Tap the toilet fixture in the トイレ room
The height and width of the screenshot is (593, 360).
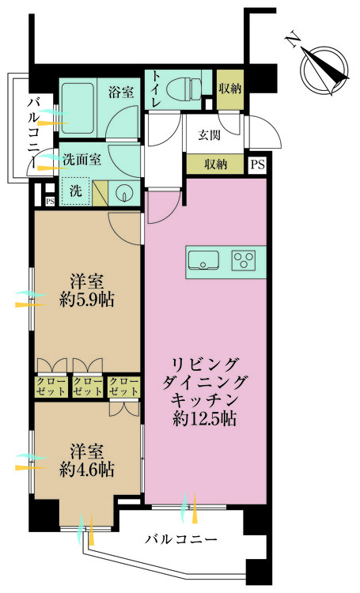tap(188, 89)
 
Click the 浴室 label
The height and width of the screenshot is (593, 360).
tap(122, 92)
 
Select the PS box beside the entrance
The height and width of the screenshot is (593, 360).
tap(257, 164)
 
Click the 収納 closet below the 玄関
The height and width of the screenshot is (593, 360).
tap(215, 164)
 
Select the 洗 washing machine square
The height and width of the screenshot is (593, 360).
tap(75, 191)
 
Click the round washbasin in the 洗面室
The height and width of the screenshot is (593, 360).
tap(124, 192)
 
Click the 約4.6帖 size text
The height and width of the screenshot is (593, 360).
tap(87, 469)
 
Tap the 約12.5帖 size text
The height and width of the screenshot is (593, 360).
tap(204, 420)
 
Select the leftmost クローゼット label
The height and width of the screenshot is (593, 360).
tap(51, 386)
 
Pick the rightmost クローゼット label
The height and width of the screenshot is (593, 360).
tap(124, 386)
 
